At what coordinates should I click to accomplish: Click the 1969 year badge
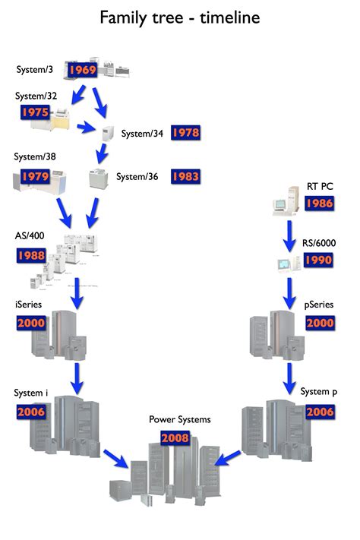(x=81, y=70)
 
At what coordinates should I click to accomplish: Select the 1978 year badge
(x=185, y=132)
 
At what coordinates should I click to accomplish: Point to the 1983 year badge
(x=185, y=176)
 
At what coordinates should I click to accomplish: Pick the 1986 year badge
(x=318, y=203)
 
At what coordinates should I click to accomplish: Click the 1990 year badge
(x=318, y=261)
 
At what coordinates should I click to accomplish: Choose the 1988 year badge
(x=31, y=254)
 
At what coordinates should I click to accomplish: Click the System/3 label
(x=35, y=70)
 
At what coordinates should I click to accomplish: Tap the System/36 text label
(x=137, y=176)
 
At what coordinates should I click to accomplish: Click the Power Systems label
(x=179, y=418)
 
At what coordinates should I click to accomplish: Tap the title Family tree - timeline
(x=180, y=17)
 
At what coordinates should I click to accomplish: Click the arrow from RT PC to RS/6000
(x=289, y=235)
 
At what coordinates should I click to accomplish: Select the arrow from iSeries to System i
(x=77, y=376)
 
